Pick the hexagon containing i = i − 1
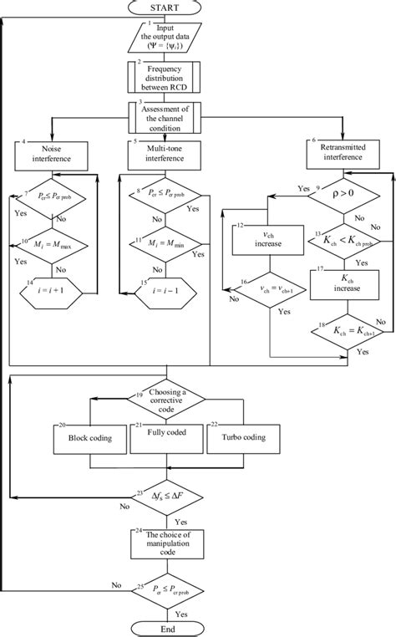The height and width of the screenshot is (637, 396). coord(157,293)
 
